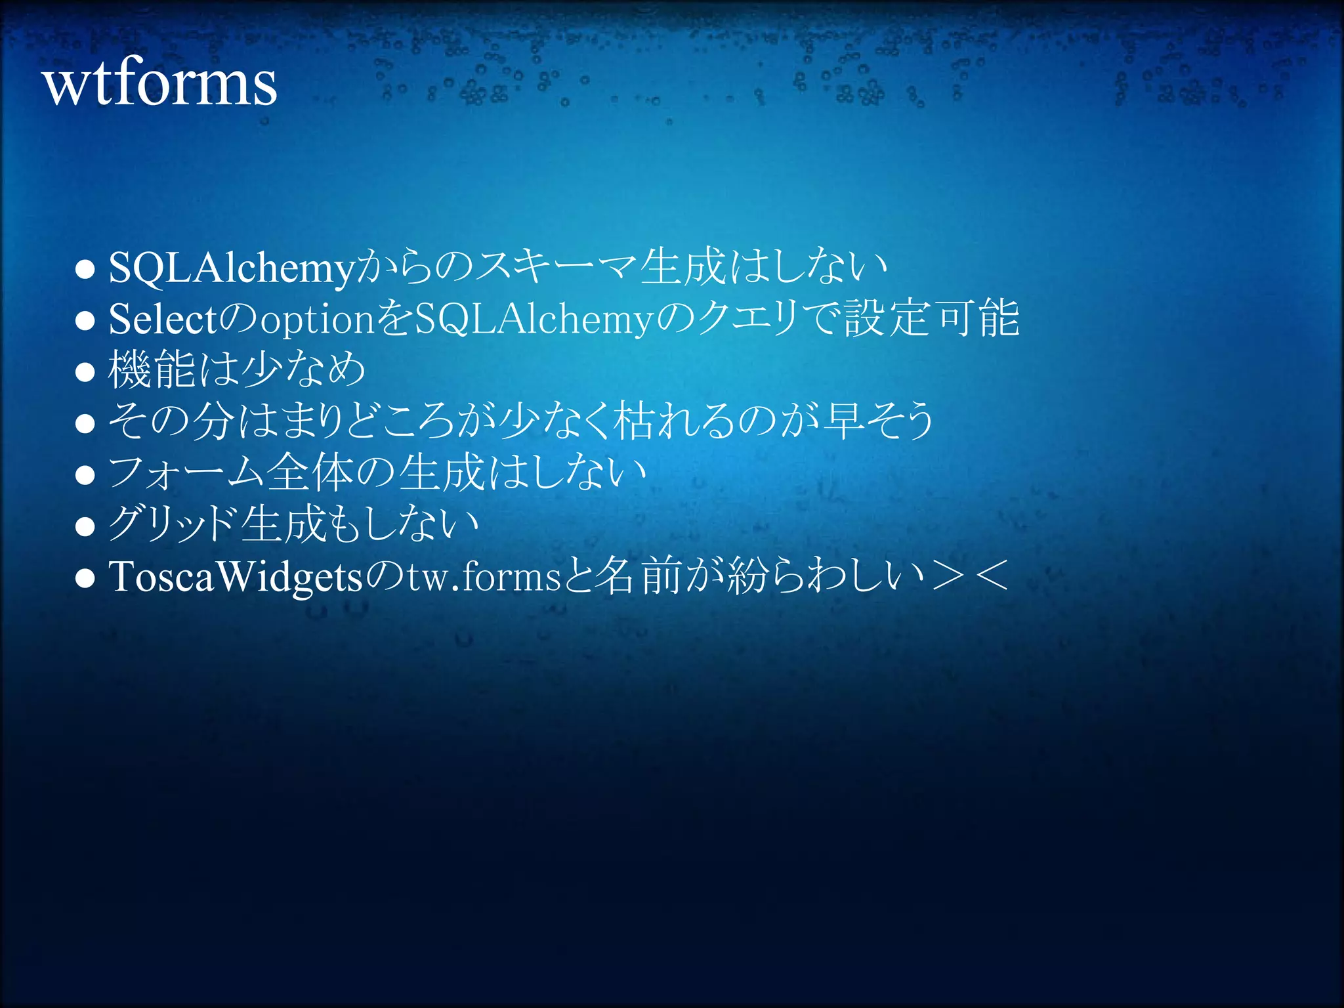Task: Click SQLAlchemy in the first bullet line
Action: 231,268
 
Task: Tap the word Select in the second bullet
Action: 162,319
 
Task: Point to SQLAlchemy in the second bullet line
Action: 534,319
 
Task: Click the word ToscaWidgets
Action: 235,577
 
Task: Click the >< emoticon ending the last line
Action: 970,576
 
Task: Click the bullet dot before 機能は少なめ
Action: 85,372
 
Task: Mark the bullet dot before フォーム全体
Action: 85,475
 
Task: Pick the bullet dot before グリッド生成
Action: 85,526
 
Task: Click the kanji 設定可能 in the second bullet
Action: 932,319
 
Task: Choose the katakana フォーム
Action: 186,473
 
